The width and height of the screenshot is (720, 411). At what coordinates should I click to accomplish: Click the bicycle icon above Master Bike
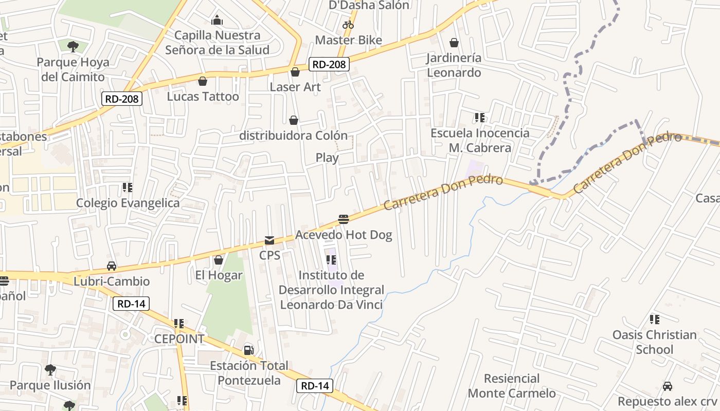click(x=348, y=24)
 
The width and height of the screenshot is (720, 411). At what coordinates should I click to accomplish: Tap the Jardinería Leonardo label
click(x=454, y=65)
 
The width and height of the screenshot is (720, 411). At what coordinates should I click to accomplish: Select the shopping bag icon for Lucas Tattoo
click(x=203, y=81)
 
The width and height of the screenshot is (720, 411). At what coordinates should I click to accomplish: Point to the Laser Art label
click(x=295, y=87)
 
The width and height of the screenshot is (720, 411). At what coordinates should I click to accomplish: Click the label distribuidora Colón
click(x=294, y=136)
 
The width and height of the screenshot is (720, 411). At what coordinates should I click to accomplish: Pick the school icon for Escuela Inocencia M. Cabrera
click(x=480, y=118)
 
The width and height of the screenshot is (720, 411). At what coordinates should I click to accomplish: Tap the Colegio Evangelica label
click(x=128, y=203)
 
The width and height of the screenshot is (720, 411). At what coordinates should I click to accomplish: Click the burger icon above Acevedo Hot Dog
click(x=344, y=219)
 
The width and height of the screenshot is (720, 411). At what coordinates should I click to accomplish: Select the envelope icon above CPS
click(x=269, y=240)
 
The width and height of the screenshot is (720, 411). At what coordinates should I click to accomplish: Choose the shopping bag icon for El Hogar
click(x=219, y=260)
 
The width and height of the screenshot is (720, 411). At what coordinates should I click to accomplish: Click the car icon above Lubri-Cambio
click(x=112, y=266)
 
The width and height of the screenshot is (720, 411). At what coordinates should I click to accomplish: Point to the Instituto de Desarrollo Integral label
click(x=331, y=290)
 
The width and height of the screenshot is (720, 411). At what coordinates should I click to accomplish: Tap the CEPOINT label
click(x=179, y=339)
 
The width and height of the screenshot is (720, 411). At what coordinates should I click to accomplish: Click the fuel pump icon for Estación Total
click(x=249, y=350)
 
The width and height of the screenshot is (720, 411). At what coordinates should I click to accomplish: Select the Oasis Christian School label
click(x=654, y=342)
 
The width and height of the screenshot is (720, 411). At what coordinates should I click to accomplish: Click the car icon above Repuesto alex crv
click(x=668, y=386)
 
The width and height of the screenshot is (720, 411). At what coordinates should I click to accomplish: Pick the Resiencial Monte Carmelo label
click(x=512, y=386)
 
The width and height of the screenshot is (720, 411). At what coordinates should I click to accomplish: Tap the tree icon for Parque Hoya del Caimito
click(x=73, y=47)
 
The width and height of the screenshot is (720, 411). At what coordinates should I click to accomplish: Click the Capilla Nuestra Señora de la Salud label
click(x=217, y=43)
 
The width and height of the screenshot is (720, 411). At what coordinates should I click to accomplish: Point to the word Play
click(x=327, y=158)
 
